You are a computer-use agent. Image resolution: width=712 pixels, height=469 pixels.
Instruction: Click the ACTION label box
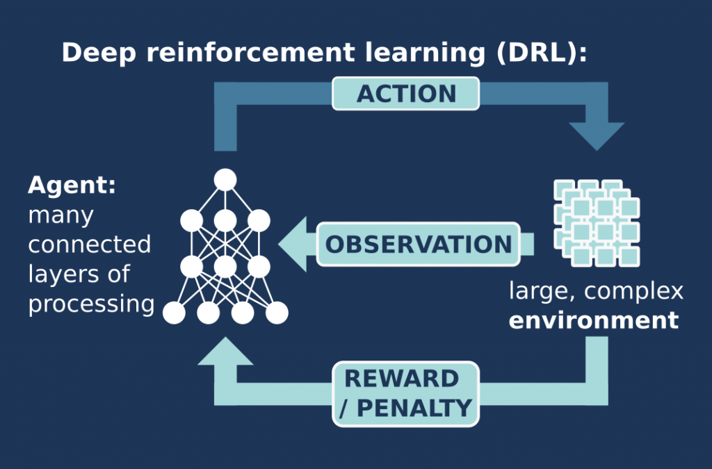pos(406,94)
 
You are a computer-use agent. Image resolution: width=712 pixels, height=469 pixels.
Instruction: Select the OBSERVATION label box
pos(419,245)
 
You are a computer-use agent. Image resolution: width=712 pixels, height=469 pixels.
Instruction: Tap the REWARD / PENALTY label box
pos(406,393)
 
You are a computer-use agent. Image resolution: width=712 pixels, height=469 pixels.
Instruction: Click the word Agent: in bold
pos(72,186)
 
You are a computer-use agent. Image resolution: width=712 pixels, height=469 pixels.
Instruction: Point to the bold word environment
pos(593,321)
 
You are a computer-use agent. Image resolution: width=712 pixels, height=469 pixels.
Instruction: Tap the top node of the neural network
pos(225,180)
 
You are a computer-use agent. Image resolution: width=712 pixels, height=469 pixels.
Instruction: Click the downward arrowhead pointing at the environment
pos(597,135)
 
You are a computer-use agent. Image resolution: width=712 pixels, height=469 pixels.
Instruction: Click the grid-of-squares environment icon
pos(596,222)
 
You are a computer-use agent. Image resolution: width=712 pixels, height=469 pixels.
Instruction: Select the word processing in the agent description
pos(91,304)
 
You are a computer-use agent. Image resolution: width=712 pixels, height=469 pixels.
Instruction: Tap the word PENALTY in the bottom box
pos(414,408)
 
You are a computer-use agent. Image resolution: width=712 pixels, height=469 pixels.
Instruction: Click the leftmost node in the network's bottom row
pos(174,313)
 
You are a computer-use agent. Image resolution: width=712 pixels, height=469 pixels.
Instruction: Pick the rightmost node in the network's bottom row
pos(277,313)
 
